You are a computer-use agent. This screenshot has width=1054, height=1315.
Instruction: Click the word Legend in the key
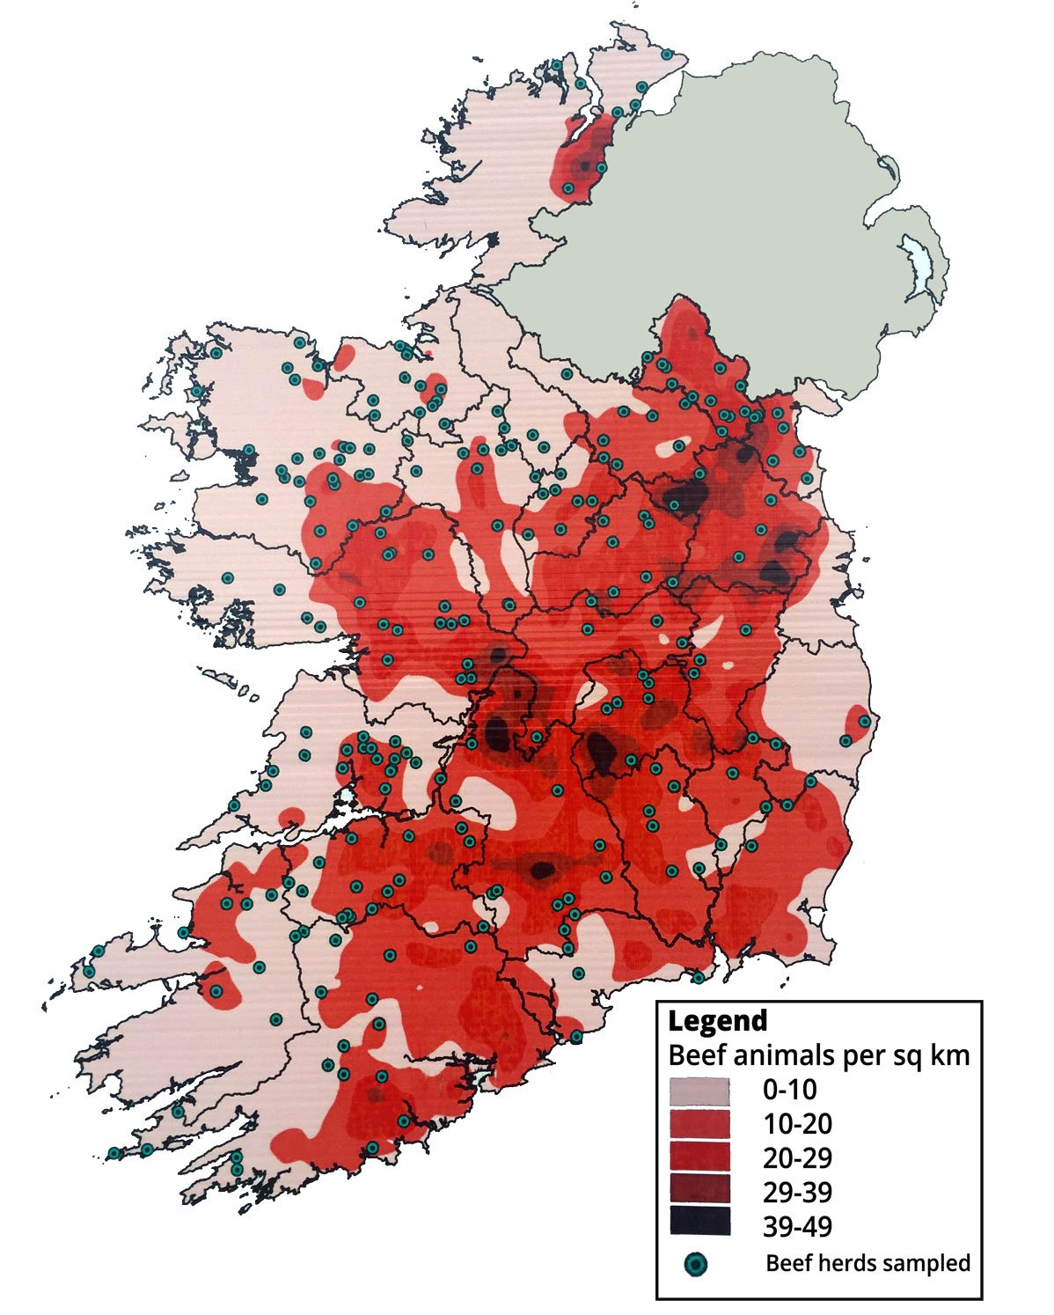click(717, 1021)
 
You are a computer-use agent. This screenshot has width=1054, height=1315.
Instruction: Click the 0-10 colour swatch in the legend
click(699, 1091)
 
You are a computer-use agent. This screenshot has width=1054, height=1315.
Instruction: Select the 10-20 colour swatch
click(699, 1124)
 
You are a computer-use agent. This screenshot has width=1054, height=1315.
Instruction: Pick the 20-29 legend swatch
click(699, 1157)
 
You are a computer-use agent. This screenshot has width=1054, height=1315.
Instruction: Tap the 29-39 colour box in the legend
click(699, 1191)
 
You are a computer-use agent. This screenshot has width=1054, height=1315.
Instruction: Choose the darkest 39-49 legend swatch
click(699, 1224)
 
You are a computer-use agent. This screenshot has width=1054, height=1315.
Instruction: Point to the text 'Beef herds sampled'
click(867, 1264)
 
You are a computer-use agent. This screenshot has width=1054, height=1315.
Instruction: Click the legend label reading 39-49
click(797, 1226)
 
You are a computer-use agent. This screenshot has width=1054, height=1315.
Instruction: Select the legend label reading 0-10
click(789, 1091)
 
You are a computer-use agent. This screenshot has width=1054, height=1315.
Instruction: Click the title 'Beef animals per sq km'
click(818, 1054)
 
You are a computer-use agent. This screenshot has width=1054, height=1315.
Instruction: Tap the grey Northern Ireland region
click(748, 220)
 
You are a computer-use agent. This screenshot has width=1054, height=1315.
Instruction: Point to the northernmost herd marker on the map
click(667, 55)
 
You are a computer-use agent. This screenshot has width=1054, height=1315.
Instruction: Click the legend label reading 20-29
click(797, 1158)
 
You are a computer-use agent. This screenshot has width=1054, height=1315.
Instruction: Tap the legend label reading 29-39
click(797, 1193)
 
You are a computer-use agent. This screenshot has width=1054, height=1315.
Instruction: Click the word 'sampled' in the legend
click(926, 1264)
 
